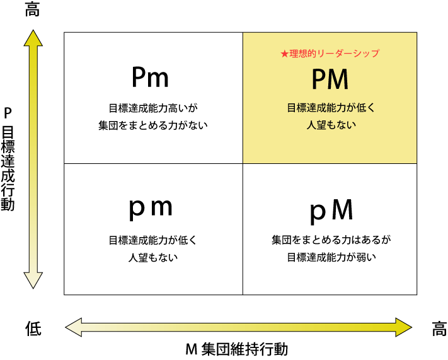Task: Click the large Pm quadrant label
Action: (151, 77)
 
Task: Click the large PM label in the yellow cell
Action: (330, 79)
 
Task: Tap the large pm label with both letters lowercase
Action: (151, 209)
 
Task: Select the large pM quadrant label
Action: (331, 211)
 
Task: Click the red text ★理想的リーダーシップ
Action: (330, 54)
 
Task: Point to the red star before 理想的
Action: (284, 54)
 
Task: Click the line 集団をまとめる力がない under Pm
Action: (153, 125)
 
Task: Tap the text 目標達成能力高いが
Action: (153, 108)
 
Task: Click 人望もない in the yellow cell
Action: (331, 125)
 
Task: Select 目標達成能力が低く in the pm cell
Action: (153, 240)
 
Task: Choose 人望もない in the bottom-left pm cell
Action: (153, 258)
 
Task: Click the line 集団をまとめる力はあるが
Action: (331, 240)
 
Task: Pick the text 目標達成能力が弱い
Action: (331, 257)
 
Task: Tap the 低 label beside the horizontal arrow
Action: (33, 328)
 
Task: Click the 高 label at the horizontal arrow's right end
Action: (439, 328)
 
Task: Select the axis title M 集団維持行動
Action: (237, 349)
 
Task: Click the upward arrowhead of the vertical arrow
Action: (33, 38)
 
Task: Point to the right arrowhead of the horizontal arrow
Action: (404, 327)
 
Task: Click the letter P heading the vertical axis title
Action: (8, 113)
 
